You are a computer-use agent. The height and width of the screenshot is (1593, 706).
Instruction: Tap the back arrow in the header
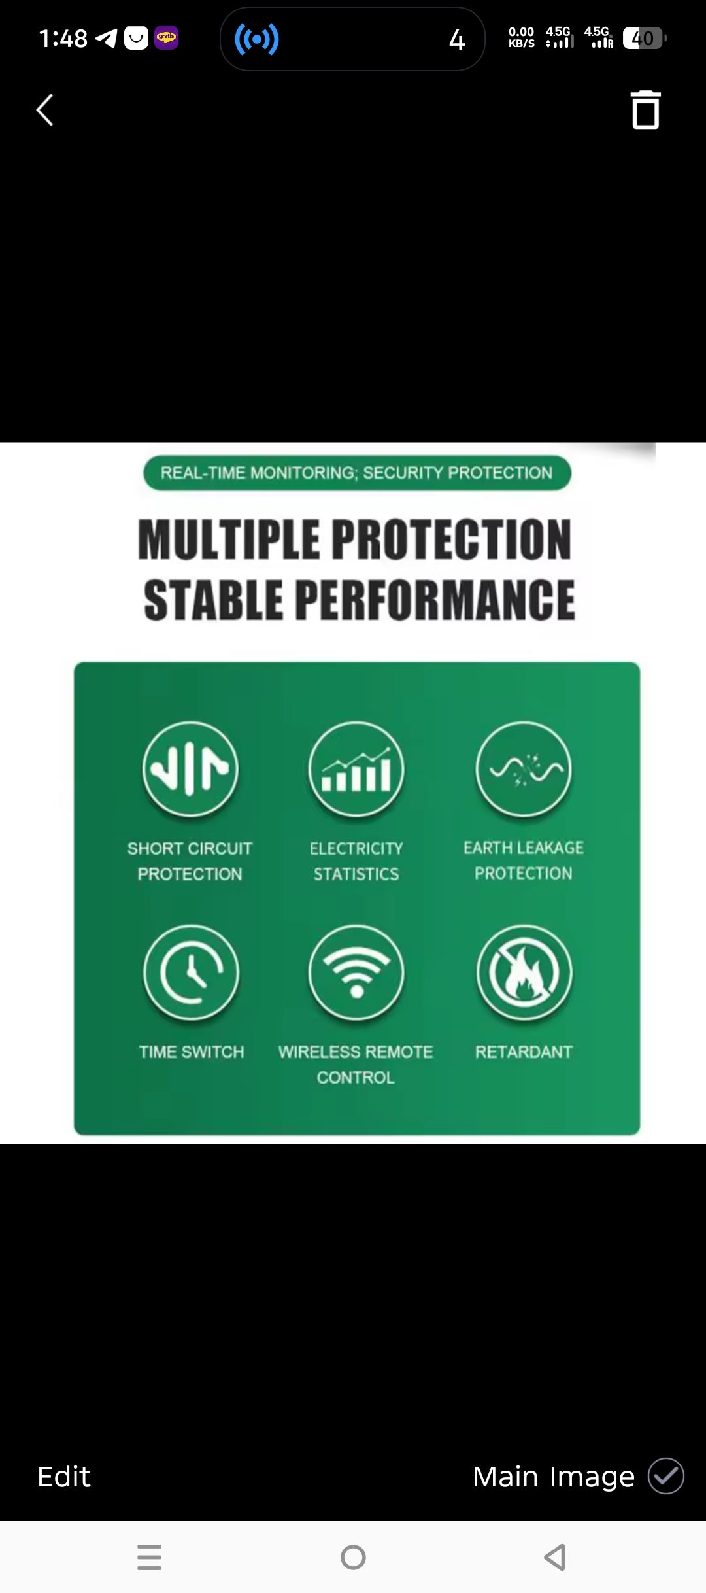point(44,110)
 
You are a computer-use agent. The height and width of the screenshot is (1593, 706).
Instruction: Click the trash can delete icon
point(645,110)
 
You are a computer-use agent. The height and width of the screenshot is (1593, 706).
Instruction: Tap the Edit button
point(64,1477)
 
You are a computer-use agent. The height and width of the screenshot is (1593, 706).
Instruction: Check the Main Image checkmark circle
point(665,1476)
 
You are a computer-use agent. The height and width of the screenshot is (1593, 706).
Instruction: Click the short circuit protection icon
point(190,768)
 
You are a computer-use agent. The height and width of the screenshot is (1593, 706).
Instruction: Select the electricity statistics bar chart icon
point(356,768)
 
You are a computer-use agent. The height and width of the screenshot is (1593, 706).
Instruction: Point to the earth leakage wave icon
point(524,768)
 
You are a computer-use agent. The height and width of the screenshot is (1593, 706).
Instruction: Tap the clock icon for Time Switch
point(191,972)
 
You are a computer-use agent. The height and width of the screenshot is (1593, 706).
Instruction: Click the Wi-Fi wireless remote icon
point(356,972)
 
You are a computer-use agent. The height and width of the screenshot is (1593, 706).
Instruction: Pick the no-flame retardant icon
point(524,972)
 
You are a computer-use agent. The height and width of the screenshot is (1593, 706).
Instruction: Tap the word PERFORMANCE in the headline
point(435,600)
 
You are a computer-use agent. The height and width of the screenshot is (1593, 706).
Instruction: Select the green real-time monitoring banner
point(357,473)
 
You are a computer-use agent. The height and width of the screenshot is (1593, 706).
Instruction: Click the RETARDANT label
point(524,1052)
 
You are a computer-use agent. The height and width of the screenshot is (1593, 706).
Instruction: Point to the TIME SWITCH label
point(191,1052)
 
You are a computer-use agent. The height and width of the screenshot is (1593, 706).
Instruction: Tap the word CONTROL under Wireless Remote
point(356,1077)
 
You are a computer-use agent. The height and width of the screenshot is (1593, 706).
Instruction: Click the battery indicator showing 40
point(643,39)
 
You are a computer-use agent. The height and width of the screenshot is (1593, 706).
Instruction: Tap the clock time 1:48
point(63,39)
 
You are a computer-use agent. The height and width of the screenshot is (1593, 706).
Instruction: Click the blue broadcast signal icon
point(257,39)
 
